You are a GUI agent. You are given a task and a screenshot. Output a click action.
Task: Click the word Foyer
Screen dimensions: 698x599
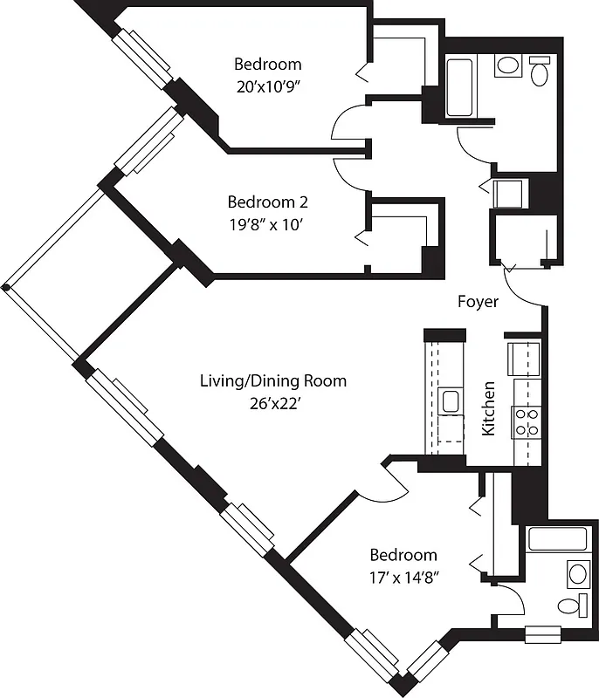[479, 302]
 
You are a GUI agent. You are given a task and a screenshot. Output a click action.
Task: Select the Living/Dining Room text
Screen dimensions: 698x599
[272, 380]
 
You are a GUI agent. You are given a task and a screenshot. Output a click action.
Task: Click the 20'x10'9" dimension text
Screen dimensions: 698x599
[267, 87]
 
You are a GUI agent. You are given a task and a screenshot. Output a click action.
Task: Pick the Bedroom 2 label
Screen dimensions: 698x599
[267, 202]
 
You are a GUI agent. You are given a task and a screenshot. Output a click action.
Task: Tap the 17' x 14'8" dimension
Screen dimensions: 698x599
[403, 578]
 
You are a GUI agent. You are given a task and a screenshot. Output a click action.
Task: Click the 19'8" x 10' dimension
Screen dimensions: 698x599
[267, 225]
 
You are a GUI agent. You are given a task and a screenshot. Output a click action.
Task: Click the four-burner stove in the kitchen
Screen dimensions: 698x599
[527, 422]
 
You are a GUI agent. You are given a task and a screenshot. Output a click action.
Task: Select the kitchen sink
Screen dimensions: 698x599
[451, 401]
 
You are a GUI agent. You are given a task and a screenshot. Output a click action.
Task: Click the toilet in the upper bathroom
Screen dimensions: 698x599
[540, 71]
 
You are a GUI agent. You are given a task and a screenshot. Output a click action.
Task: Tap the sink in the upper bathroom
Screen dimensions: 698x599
[507, 65]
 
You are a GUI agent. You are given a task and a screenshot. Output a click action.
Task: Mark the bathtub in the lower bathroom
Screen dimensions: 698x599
[557, 538]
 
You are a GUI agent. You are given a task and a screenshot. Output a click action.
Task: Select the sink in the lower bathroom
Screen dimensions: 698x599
[577, 573]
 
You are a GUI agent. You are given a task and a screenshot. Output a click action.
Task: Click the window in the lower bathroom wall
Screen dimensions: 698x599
[542, 634]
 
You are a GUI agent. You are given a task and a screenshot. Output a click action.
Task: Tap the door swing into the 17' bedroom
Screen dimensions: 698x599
[382, 485]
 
